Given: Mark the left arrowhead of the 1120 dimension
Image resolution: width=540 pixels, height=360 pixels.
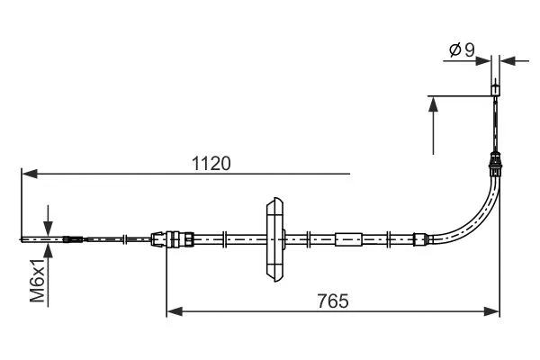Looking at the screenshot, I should (x=27, y=172).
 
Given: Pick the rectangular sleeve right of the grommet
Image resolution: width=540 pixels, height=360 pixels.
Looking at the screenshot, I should (x=348, y=239).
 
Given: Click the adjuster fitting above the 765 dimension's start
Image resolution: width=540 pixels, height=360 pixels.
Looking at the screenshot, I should (x=172, y=239).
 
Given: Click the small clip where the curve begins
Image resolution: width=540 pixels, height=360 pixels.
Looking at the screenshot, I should (x=417, y=239).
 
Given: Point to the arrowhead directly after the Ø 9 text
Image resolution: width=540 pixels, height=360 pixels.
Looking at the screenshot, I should (x=483, y=61).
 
